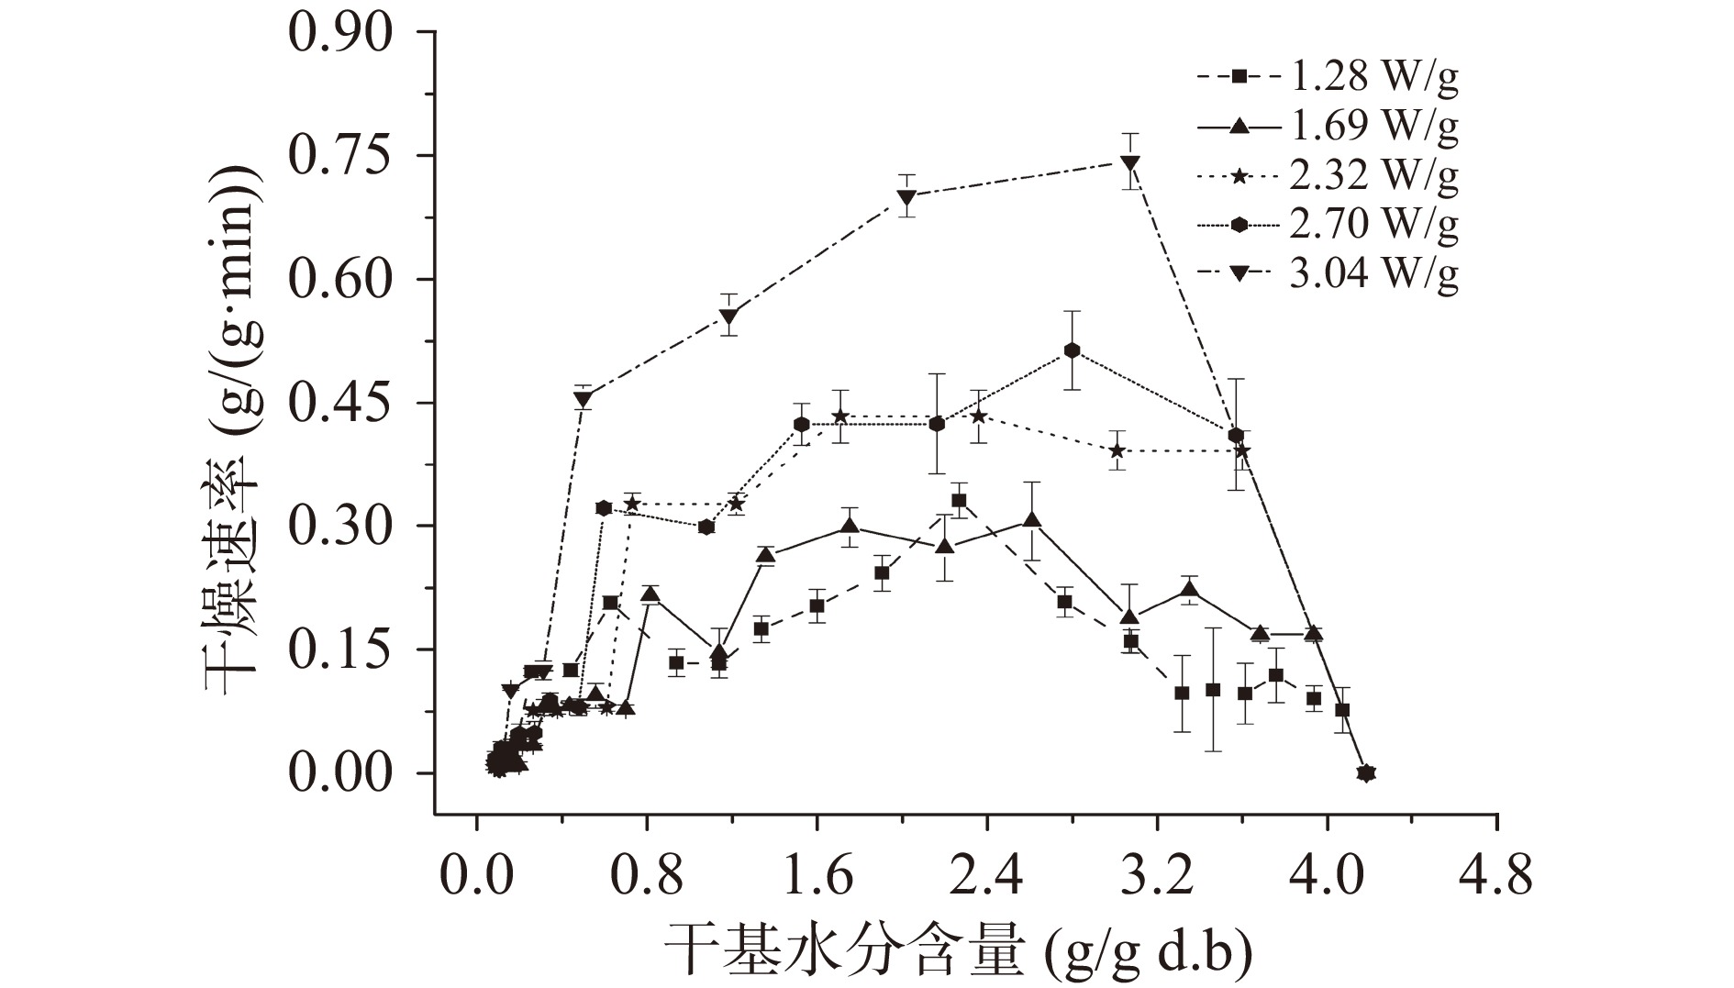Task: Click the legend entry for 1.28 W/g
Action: point(1328,77)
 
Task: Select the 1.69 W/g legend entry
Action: point(1328,126)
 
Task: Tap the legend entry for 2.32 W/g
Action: point(1328,175)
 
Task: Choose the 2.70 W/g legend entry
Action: point(1328,224)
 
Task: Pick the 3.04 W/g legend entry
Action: point(1328,273)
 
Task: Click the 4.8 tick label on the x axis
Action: point(1496,875)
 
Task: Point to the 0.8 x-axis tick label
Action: point(646,875)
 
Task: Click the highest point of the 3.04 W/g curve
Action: point(1130,163)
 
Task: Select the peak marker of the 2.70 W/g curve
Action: point(1072,350)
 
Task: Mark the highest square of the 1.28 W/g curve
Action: point(959,501)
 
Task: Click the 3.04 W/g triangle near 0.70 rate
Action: point(907,196)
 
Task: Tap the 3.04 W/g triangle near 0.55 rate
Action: point(729,317)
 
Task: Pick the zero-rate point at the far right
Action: point(1366,773)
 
